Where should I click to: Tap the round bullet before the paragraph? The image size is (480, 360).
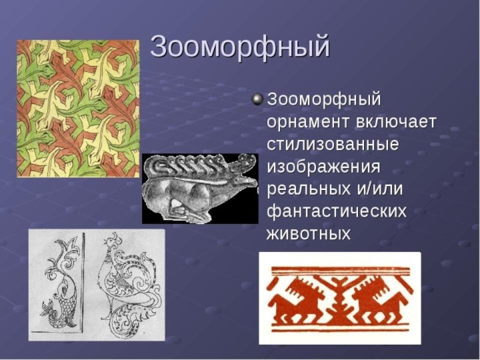click(258, 100)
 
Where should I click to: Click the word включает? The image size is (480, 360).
click(396, 122)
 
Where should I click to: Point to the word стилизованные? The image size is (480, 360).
click(333, 145)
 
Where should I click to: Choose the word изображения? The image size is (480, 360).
click(323, 167)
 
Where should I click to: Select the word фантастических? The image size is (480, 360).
click(337, 211)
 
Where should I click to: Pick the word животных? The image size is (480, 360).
click(308, 234)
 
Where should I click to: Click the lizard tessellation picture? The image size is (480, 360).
click(78, 109)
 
